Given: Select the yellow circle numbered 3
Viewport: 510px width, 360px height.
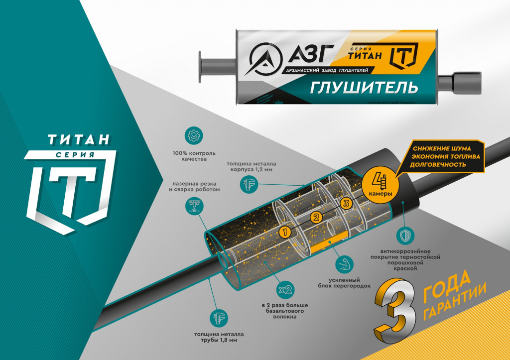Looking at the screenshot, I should pyautogui.click(x=347, y=203).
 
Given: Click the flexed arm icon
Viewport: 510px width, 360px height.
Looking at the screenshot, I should pyautogui.click(x=343, y=264).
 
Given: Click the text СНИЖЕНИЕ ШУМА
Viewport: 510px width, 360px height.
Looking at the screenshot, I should pyautogui.click(x=442, y=148).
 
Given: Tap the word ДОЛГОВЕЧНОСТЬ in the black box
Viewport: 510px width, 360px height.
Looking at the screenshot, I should pyautogui.click(x=439, y=164).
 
